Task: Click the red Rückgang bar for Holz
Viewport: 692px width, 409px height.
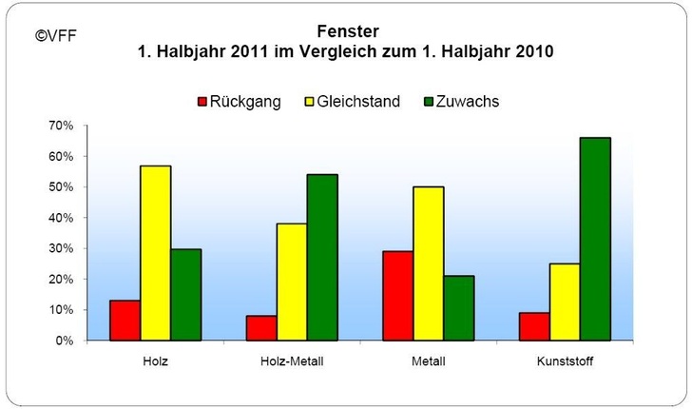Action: tap(125, 321)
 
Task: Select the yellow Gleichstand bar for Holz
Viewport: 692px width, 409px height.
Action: tap(155, 253)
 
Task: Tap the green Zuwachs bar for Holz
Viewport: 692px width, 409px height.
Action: tap(185, 295)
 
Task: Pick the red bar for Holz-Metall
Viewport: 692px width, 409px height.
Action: tap(261, 328)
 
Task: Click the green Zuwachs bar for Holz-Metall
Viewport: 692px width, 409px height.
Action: tap(322, 257)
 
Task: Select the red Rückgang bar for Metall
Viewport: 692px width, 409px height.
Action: tap(398, 296)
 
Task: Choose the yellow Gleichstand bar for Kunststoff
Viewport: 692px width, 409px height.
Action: tap(565, 302)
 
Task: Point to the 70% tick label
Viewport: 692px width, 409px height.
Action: tap(60, 126)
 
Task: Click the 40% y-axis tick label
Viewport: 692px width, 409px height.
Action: tap(60, 218)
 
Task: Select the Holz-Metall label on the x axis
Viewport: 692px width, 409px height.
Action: tap(292, 362)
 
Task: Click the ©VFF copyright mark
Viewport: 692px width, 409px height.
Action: tap(56, 36)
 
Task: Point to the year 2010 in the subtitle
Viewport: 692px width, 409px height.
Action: tap(535, 50)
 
